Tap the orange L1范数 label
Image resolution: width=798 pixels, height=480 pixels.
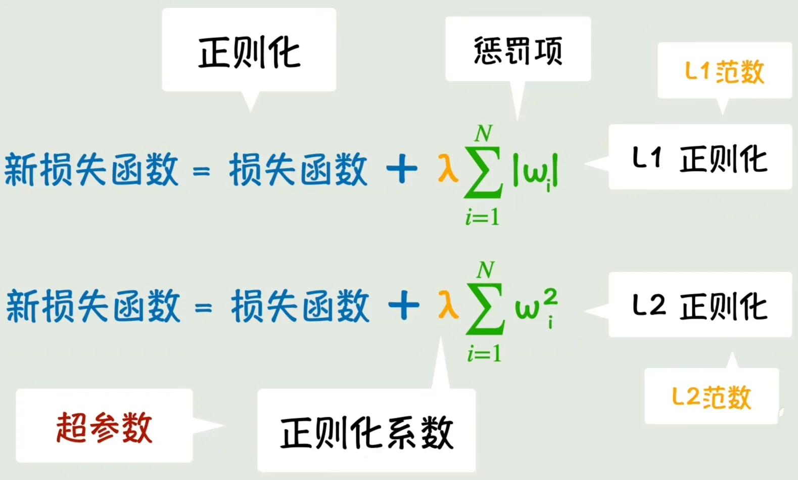click(x=725, y=72)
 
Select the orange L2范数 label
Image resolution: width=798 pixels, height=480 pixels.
click(x=712, y=397)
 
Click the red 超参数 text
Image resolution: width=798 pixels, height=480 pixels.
click(x=104, y=427)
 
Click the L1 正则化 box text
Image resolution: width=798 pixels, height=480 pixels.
click(x=699, y=159)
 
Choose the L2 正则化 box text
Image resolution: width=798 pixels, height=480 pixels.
click(x=699, y=306)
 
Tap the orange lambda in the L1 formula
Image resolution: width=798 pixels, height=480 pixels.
click(x=448, y=168)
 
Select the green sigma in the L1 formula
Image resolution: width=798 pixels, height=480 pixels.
click(x=483, y=172)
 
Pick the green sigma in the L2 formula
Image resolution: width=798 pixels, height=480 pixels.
click(x=485, y=309)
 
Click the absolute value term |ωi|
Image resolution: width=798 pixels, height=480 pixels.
click(x=535, y=171)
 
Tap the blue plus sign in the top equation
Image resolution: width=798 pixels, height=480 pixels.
click(x=402, y=168)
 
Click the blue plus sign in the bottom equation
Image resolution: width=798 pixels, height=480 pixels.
click(x=404, y=306)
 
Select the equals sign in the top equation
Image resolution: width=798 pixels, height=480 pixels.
click(x=201, y=171)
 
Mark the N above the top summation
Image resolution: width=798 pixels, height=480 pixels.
click(x=484, y=134)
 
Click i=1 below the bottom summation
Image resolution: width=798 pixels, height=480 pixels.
click(x=485, y=354)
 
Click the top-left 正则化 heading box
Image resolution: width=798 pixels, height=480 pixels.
click(x=249, y=50)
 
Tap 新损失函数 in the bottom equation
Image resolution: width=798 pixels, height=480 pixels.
click(x=93, y=306)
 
